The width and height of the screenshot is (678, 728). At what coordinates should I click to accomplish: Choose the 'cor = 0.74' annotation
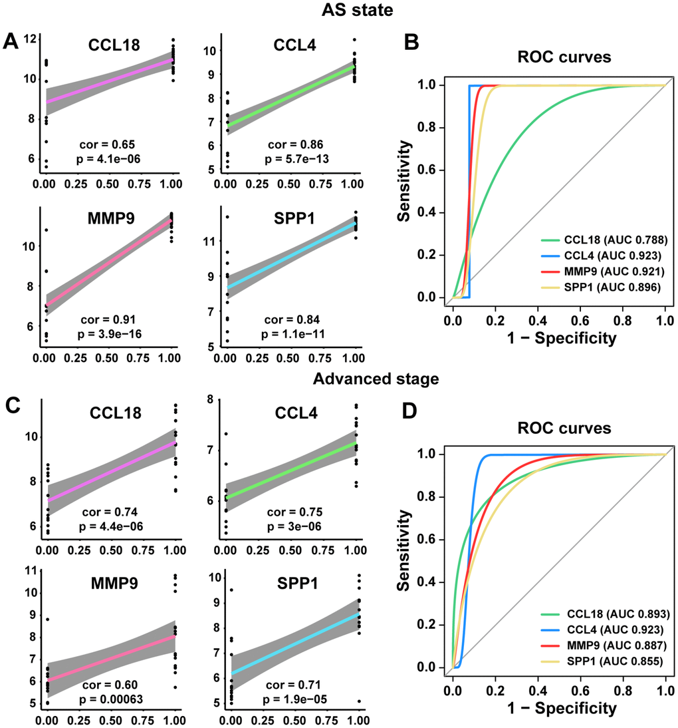111,512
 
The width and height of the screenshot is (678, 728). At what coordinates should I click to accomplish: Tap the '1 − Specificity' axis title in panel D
559,708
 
